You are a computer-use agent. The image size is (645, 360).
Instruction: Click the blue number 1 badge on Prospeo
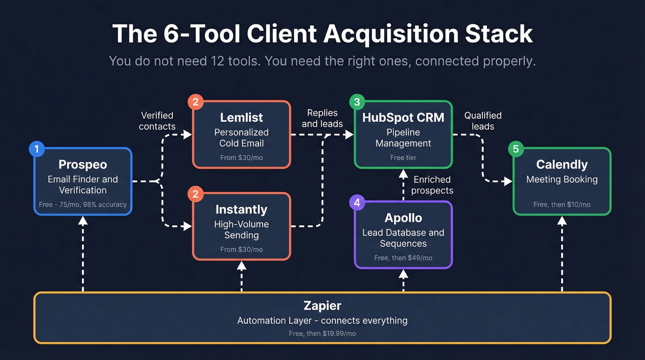coord(36,149)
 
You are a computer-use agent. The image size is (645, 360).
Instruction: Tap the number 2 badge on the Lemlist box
coord(195,102)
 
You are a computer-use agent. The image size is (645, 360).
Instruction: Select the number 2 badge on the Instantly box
coord(195,194)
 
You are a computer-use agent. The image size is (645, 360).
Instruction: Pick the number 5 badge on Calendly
coord(516,149)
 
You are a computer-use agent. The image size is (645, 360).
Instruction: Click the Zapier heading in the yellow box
coord(322,305)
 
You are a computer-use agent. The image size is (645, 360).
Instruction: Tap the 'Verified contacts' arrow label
coord(157,121)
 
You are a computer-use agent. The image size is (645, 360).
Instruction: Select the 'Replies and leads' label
coord(322,118)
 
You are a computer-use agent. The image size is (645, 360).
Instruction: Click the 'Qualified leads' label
coord(482,121)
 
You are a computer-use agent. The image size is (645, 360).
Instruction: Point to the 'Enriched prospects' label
coord(432,185)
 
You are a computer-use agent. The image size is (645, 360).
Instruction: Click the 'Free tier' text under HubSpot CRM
coord(403,158)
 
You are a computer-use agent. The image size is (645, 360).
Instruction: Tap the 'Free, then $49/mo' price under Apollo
coord(403,258)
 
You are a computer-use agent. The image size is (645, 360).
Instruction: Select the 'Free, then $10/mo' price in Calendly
coord(562,204)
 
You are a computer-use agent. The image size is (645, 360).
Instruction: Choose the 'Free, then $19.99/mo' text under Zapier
coord(322,333)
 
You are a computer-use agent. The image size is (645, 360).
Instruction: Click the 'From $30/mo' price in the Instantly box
coord(241,249)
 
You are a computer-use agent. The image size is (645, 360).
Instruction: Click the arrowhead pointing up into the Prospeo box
coord(83,221)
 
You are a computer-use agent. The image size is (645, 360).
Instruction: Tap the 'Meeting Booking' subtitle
coord(562,179)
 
